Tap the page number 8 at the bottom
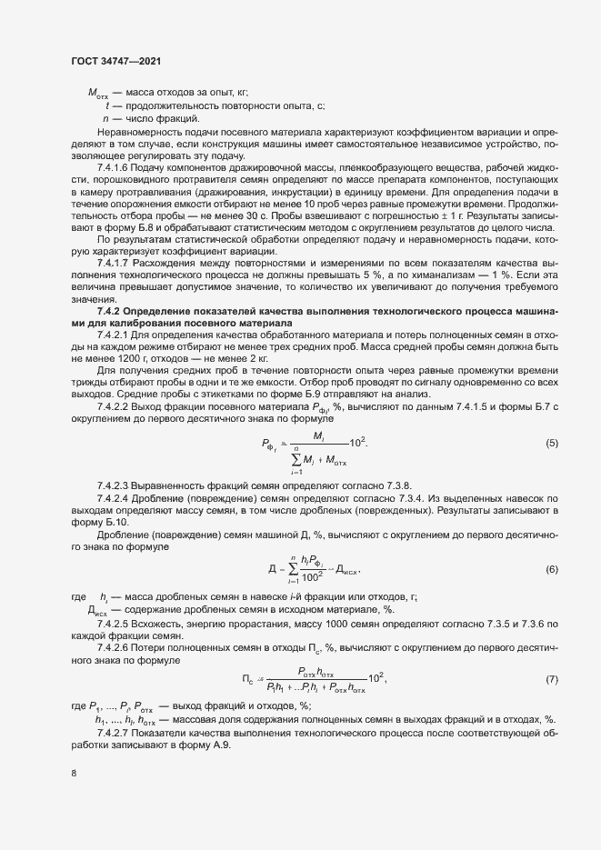(74, 774)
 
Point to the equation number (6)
(551, 569)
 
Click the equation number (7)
(551, 679)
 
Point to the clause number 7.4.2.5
(115, 627)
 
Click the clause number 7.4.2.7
(115, 733)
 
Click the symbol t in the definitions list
(108, 105)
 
